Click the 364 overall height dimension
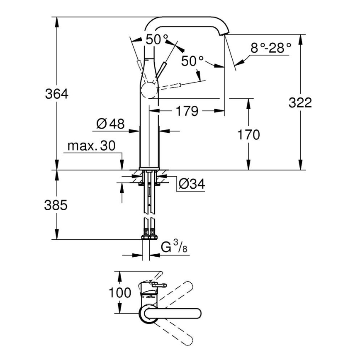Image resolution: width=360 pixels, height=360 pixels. pyautogui.click(x=56, y=94)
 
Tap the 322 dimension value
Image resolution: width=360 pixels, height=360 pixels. pyautogui.click(x=300, y=102)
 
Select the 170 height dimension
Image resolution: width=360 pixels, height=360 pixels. pyautogui.click(x=248, y=134)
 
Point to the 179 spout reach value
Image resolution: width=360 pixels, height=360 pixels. pyautogui.click(x=187, y=111)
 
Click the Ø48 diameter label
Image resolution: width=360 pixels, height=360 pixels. pyautogui.click(x=110, y=123)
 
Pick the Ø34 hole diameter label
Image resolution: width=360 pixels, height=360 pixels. pyautogui.click(x=192, y=184)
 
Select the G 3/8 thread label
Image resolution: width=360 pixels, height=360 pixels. pyautogui.click(x=171, y=248)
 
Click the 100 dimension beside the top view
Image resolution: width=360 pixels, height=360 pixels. pyautogui.click(x=120, y=293)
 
